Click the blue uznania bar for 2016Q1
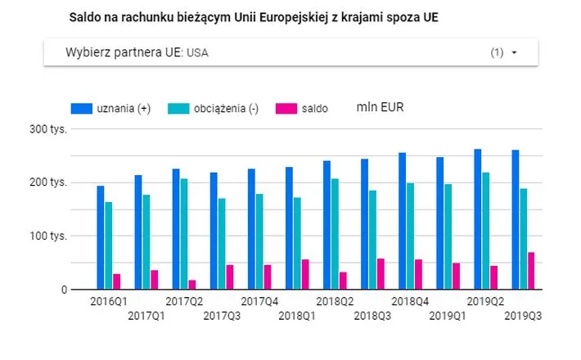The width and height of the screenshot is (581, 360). click(x=100, y=237)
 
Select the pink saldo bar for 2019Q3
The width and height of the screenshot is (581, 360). click(x=531, y=271)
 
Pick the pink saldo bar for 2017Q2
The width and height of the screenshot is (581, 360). click(x=191, y=284)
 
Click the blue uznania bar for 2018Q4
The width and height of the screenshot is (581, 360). click(x=402, y=221)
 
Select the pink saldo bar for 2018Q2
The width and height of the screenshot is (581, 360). click(x=342, y=280)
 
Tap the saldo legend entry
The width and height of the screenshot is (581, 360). click(x=315, y=109)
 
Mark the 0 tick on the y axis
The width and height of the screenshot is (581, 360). click(x=61, y=290)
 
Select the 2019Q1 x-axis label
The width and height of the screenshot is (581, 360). click(x=448, y=315)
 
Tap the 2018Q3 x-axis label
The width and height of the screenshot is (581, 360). click(x=372, y=315)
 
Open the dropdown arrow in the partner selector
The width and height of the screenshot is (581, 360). click(x=514, y=53)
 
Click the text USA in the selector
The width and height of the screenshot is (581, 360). click(x=197, y=53)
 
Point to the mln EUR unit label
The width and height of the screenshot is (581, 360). click(x=380, y=107)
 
